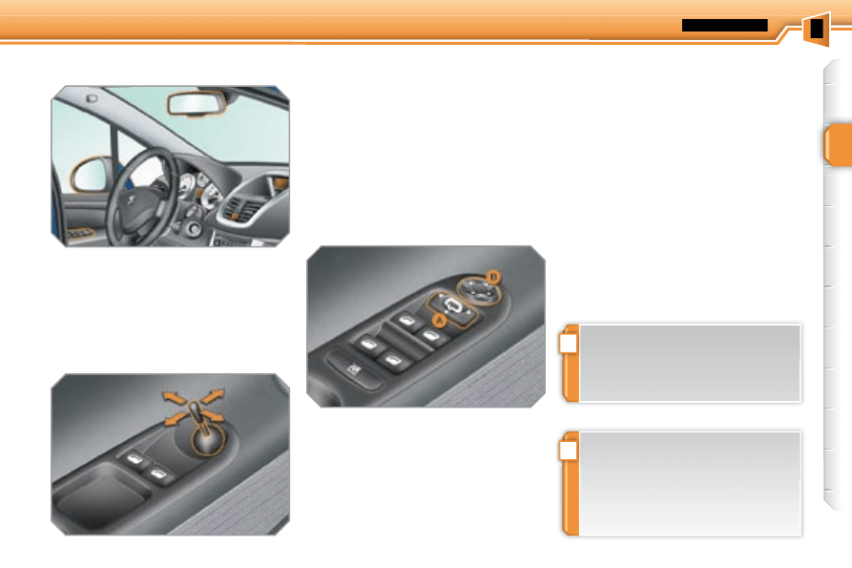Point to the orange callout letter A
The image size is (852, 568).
(x=440, y=322)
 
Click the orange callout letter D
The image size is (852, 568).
(x=492, y=276)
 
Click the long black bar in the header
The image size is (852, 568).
(x=724, y=25)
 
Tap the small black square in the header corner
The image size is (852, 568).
(x=817, y=29)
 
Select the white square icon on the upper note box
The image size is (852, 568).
(x=569, y=342)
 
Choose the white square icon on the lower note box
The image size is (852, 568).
(x=569, y=449)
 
